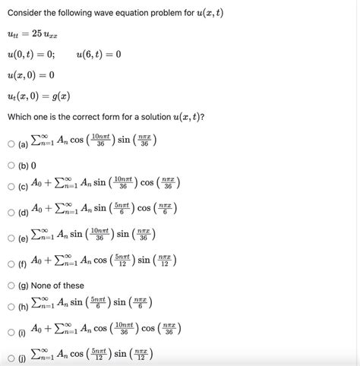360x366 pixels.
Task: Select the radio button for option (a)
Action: click(11, 143)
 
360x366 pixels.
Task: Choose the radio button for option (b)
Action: click(11, 166)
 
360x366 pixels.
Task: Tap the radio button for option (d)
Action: click(11, 213)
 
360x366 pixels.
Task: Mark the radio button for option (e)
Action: click(11, 238)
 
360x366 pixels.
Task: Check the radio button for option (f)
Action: click(11, 263)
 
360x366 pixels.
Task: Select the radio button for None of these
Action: click(11, 286)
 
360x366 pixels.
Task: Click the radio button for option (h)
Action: click(11, 307)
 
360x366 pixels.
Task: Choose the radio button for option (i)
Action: click(11, 333)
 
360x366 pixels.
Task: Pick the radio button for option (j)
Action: click(11, 358)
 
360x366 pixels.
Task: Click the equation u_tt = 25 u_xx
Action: click(34, 36)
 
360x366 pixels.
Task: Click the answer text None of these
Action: click(57, 286)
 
